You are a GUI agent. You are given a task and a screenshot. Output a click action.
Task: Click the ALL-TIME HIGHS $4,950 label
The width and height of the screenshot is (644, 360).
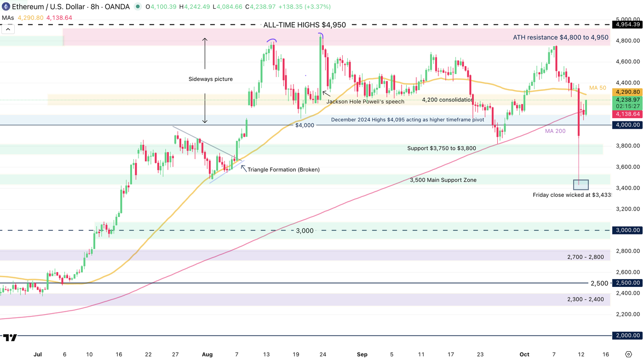[x=305, y=25]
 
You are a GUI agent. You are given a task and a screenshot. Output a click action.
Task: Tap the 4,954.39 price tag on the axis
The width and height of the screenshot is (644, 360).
[x=627, y=24]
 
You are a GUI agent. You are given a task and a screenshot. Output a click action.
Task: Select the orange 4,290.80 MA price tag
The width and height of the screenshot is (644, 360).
[x=627, y=92]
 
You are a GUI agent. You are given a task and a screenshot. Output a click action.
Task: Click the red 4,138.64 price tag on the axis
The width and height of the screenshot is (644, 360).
[x=627, y=114]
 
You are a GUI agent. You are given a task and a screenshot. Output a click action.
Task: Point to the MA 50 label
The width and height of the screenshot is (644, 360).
[x=598, y=88]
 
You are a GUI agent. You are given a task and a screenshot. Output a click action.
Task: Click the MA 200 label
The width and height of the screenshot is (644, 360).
[x=555, y=131]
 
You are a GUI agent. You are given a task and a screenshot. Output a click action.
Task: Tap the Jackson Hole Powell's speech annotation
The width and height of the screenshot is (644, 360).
[x=365, y=102]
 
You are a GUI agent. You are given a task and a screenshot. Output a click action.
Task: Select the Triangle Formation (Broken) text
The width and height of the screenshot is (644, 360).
[x=283, y=170]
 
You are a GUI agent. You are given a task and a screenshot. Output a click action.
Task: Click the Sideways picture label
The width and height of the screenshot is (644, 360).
[x=211, y=79]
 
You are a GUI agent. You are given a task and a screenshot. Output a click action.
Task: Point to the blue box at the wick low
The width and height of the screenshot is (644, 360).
[x=581, y=184]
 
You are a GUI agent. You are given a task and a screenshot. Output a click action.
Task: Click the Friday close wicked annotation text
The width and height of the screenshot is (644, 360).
[x=572, y=195]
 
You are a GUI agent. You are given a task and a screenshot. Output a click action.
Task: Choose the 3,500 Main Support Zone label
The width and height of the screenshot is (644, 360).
[x=443, y=180]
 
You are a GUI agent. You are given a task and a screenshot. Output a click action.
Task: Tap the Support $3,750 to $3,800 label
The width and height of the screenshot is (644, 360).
[x=442, y=148]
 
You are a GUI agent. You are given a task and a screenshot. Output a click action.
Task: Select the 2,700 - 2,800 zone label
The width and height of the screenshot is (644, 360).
[x=585, y=257]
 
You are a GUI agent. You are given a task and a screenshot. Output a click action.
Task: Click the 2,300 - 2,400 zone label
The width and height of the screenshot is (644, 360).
[x=585, y=299]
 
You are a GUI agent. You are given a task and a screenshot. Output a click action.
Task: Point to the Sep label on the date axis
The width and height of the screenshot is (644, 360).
[x=362, y=354]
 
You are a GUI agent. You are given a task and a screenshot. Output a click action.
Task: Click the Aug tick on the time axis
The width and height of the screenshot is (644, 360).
[x=207, y=354]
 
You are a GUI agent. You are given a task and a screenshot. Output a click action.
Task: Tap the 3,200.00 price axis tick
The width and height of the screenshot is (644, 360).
[x=627, y=209]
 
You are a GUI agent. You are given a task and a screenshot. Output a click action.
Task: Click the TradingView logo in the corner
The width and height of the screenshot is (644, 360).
[x=10, y=337]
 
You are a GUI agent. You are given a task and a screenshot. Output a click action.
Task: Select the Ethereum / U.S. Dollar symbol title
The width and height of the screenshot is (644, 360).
[x=46, y=7]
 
